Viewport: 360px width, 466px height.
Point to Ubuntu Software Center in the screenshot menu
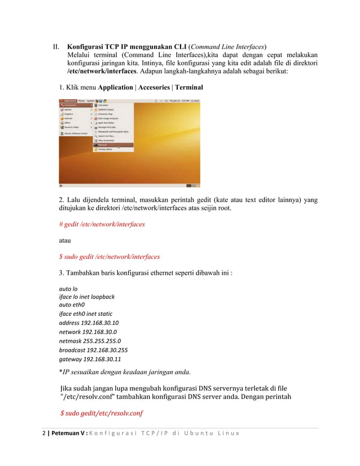[x=76, y=134]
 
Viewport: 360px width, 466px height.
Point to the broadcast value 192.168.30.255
[x=107, y=350]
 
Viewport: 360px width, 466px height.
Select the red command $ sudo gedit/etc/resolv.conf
[x=102, y=414]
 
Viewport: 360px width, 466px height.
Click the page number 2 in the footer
[x=44, y=433]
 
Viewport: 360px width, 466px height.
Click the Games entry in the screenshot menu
[x=68, y=109]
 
